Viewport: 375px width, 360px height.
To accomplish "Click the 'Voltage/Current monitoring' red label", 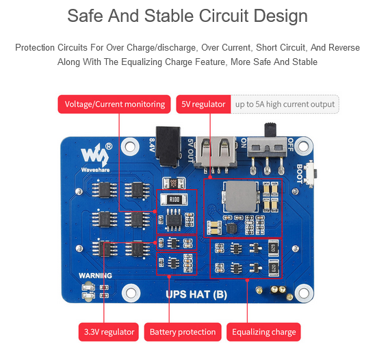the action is pos(114,104).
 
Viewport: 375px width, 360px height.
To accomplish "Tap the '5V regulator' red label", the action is pos(203,104).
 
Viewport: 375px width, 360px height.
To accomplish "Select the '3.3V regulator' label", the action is pos(109,332).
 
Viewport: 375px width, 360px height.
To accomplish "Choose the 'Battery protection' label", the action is pos(183,332).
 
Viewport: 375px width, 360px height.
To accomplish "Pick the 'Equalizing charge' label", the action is pos(263,332).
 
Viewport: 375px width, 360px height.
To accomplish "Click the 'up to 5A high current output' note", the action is pos(285,104).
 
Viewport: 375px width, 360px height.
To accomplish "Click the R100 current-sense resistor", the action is pos(174,199).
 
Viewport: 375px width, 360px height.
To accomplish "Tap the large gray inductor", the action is pos(242,196).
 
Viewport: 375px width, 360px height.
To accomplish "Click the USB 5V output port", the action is pos(215,153).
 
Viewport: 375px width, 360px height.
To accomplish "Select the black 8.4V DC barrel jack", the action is pos(168,146).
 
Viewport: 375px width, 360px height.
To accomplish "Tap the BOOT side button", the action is pos(312,173).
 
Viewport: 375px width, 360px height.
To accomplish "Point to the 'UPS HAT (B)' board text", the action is pos(196,294).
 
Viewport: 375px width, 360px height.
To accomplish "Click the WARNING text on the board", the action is pos(95,276).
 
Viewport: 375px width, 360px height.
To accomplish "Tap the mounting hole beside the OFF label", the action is pos(303,146).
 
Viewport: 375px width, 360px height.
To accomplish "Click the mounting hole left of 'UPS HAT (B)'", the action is pos(131,293).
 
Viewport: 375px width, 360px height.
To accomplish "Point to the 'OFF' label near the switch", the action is pos(290,144).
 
